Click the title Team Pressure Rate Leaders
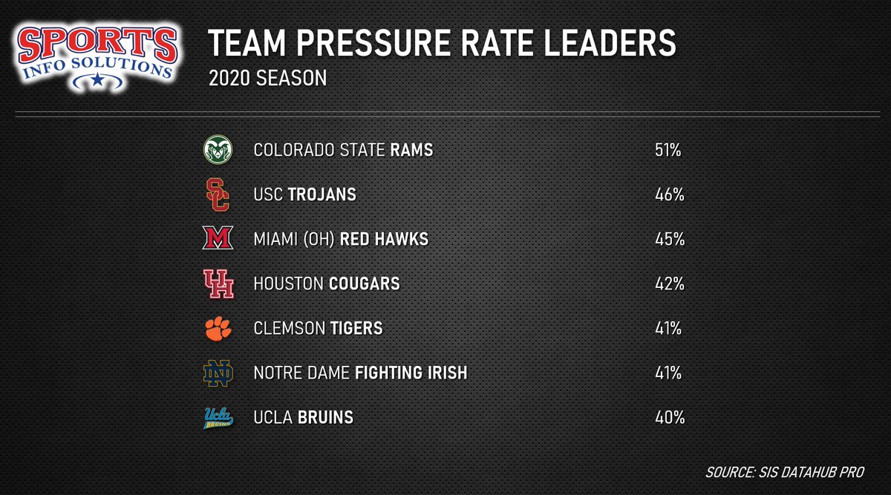click(442, 45)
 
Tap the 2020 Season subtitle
click(267, 79)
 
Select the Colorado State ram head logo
click(218, 151)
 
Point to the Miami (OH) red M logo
click(218, 239)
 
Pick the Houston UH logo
click(218, 283)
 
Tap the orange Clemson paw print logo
click(218, 328)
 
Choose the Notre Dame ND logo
click(218, 373)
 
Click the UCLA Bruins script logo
click(218, 418)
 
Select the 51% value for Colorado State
click(668, 151)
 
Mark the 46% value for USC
click(668, 195)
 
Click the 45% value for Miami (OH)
click(668, 240)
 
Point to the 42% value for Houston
click(668, 284)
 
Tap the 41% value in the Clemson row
click(668, 329)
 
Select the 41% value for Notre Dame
click(668, 373)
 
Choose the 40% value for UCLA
click(668, 418)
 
